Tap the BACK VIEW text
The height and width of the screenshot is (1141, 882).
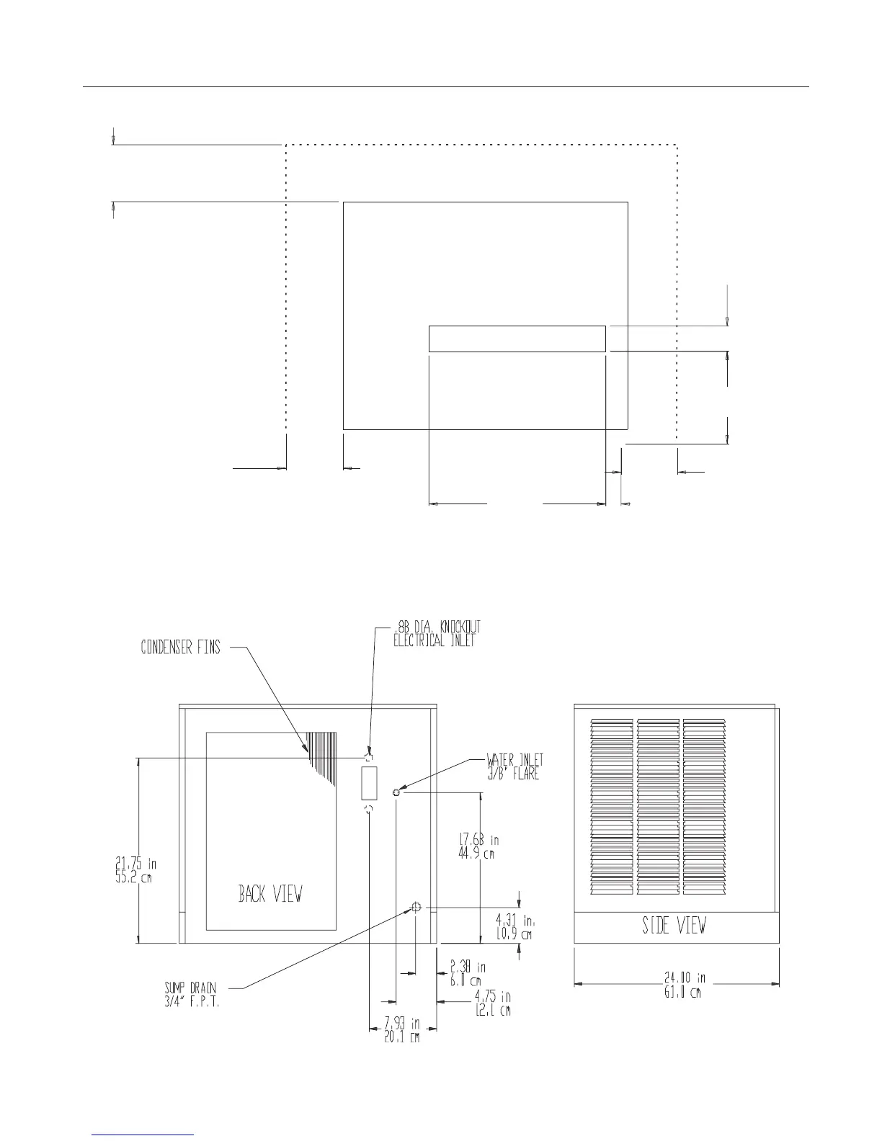(x=270, y=894)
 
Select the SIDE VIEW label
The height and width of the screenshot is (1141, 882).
(x=674, y=926)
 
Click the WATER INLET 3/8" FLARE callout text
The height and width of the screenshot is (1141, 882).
(x=514, y=766)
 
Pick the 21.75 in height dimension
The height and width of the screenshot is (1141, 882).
(x=135, y=870)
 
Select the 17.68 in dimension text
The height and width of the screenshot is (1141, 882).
(x=478, y=846)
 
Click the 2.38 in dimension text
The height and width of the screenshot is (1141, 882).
(x=468, y=974)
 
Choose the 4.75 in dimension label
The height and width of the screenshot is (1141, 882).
(x=492, y=1003)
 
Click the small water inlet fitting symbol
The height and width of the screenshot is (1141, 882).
(x=396, y=793)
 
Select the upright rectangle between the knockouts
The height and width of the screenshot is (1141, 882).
(x=369, y=783)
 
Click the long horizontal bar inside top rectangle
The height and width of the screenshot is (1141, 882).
(x=517, y=339)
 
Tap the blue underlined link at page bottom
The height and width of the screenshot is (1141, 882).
(x=143, y=1135)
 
